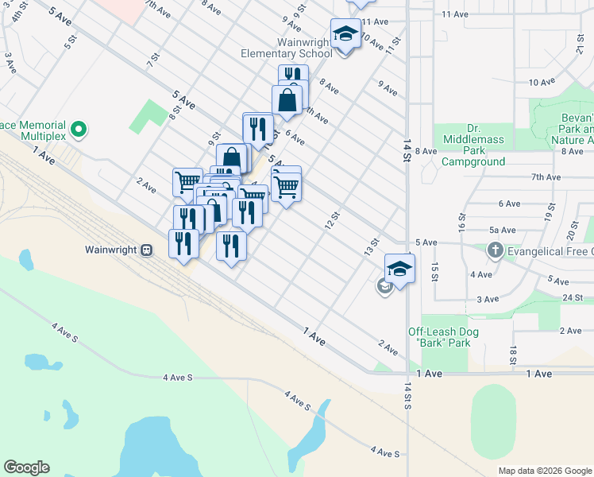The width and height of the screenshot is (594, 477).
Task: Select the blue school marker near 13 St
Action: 400,268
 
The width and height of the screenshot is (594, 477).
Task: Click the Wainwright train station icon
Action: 146,250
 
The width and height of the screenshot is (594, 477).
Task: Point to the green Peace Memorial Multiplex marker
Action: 78,129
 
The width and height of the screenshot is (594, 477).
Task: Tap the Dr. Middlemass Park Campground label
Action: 473,145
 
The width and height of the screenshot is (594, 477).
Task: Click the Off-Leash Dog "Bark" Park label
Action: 439,337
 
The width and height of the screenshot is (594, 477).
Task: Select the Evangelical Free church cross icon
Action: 495,250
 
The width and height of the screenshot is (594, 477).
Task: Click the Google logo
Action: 26,467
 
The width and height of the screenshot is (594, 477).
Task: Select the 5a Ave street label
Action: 503,230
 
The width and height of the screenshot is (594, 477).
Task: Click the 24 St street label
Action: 573,297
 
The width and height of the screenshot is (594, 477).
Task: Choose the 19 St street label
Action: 549,212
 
